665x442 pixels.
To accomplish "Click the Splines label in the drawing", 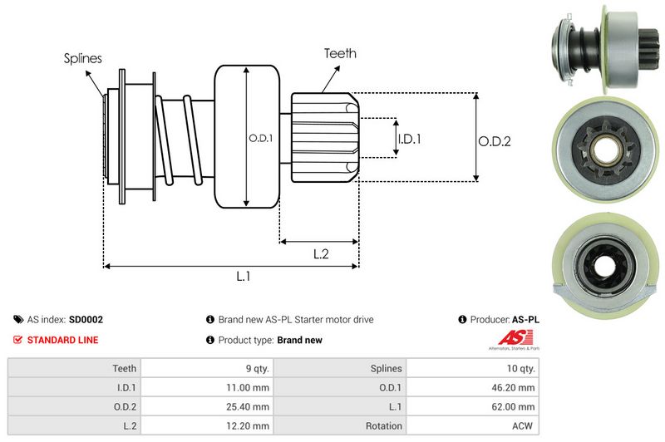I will point(83,58).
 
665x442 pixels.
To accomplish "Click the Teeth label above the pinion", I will point(340,53).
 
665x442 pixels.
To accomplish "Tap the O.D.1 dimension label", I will point(261,138).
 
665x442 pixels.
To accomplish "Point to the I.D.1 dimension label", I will point(409,139).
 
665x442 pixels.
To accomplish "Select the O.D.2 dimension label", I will point(494,141).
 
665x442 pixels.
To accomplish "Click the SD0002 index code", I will point(86,319).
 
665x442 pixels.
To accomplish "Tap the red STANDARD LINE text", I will point(62,340).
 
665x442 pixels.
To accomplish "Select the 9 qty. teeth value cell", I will point(253,368).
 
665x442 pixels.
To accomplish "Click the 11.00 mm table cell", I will point(248,387).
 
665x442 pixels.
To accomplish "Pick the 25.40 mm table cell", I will point(248,407).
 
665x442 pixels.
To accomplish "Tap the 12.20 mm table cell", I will point(248,426).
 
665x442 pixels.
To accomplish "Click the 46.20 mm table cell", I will point(514,387).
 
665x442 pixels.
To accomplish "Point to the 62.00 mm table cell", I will point(514,407).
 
